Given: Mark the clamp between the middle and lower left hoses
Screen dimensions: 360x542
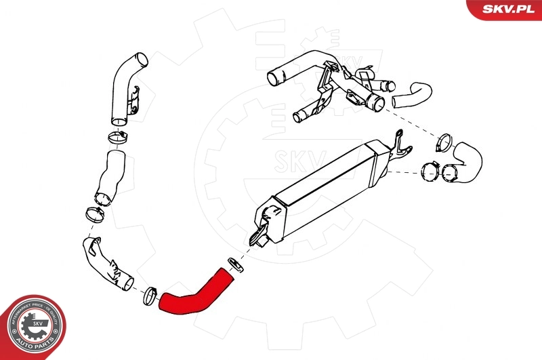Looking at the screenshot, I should (95, 215).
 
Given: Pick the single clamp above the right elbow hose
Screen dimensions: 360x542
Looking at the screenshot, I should (444, 142).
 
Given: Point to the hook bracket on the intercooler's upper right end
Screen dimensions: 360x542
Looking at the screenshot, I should (402, 144).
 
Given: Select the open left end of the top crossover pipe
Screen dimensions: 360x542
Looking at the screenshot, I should (274, 77).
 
